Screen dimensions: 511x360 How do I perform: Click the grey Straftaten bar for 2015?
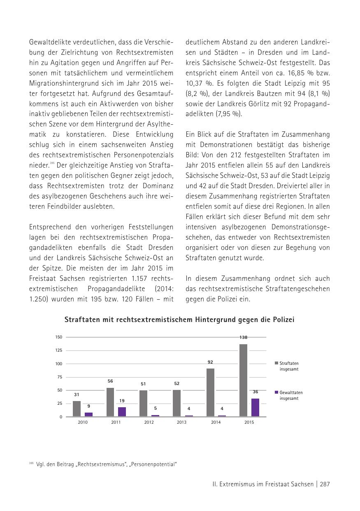point(243,380)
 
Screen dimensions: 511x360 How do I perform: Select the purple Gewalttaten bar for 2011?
point(122,412)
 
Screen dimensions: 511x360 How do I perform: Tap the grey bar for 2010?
point(77,408)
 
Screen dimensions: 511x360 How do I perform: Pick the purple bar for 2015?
point(255,407)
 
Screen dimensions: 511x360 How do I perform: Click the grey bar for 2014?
point(210,392)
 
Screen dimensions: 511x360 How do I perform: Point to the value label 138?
point(243,338)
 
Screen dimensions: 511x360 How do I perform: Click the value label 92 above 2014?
point(210,362)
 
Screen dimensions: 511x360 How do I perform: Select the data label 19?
point(122,401)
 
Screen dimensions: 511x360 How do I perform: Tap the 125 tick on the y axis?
point(59,350)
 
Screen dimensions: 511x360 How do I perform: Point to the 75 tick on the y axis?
point(60,377)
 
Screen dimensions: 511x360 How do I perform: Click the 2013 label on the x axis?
point(181,422)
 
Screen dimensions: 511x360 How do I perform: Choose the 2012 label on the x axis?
point(149,422)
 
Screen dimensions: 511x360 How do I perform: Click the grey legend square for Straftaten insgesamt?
point(276,363)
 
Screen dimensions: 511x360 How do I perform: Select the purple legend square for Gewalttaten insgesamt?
point(276,392)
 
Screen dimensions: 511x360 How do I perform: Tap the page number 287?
point(325,484)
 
